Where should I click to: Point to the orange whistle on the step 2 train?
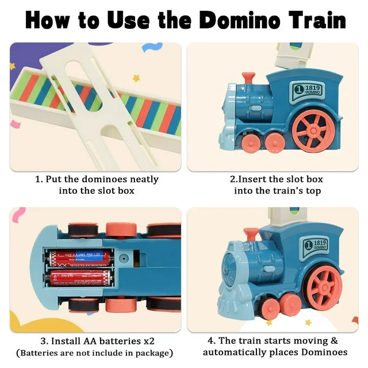[248, 78]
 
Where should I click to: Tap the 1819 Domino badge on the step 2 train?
[309, 90]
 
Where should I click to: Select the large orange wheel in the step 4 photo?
[325, 286]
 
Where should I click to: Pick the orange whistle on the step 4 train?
[251, 233]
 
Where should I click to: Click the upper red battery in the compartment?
[80, 256]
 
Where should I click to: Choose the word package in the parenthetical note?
[152, 352]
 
